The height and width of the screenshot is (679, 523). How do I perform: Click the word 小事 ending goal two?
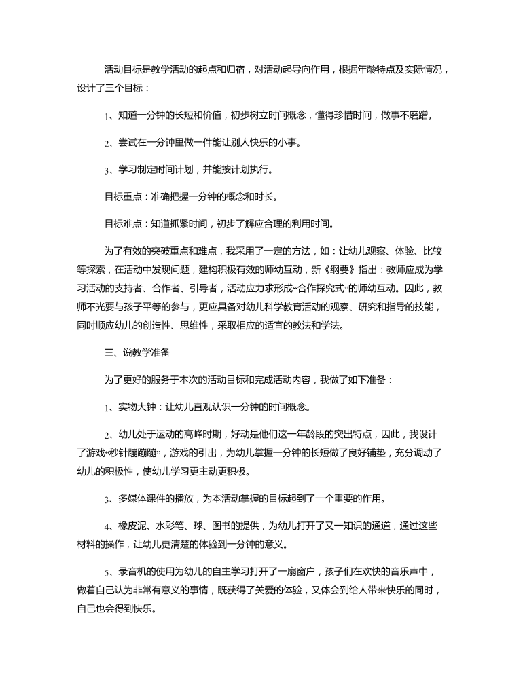click(x=291, y=143)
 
